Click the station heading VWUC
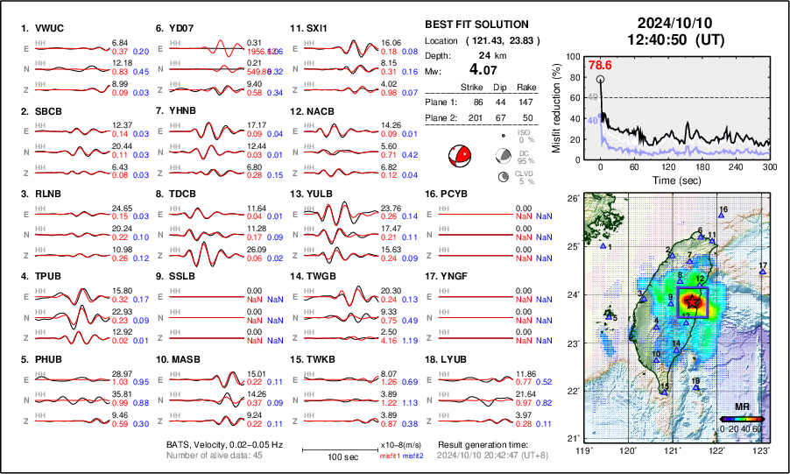44,29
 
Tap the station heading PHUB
44,359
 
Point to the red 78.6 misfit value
600,65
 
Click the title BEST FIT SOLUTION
476,25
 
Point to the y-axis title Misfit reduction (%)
556,105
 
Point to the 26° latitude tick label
573,199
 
